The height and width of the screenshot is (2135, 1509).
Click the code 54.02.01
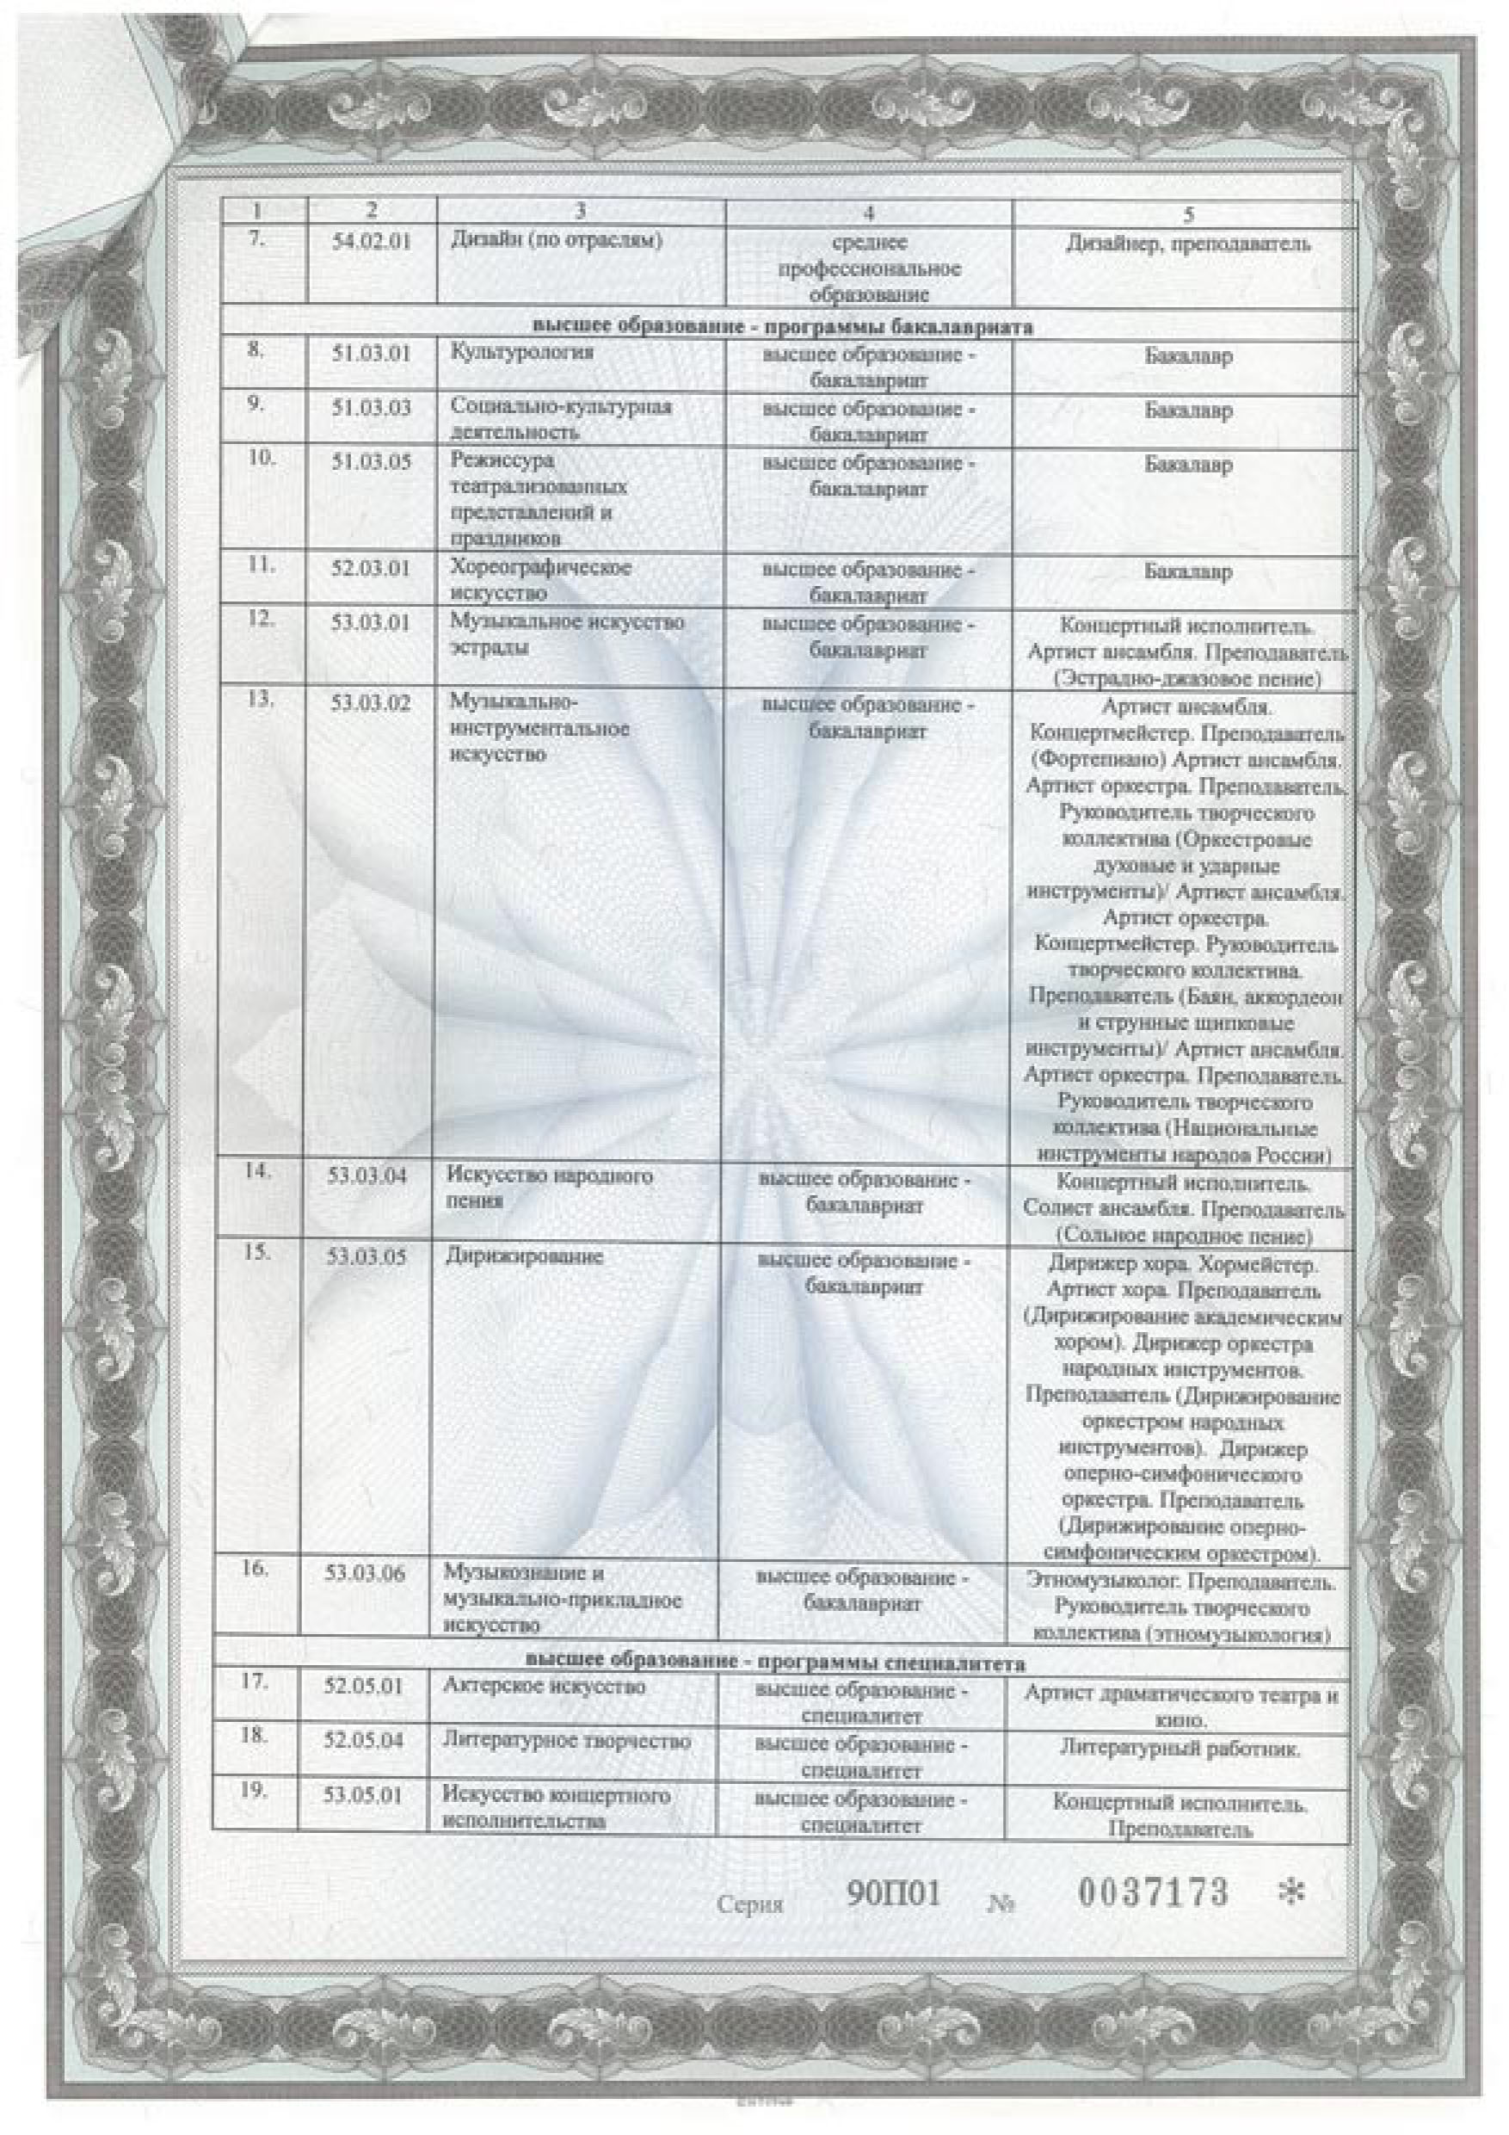click(371, 245)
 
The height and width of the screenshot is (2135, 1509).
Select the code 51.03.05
click(371, 462)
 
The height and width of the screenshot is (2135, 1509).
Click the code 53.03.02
click(371, 703)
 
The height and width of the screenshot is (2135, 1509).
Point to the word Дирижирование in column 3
click(525, 1256)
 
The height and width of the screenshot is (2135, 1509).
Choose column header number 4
click(867, 213)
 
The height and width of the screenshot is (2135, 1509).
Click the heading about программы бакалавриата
click(783, 326)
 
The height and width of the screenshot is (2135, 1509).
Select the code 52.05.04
click(364, 1741)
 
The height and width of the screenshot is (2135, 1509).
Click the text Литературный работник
click(1179, 1748)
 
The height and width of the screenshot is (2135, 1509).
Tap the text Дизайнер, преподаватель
click(1187, 244)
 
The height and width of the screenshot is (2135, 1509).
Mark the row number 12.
click(260, 619)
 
